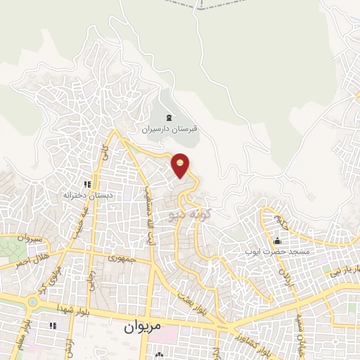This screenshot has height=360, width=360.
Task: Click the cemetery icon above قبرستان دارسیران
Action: coord(168,117)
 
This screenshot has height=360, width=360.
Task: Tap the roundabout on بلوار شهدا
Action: coord(32,303)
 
